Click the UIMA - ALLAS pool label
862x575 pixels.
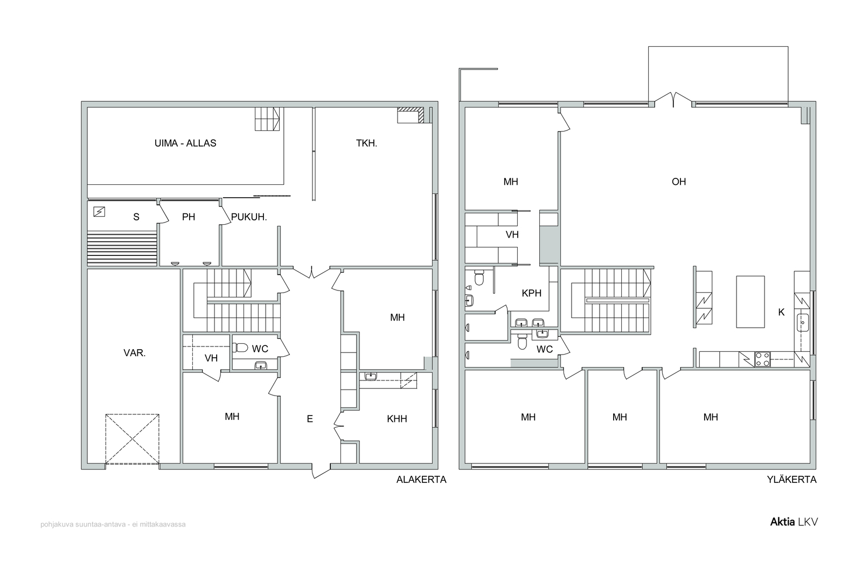(x=185, y=143)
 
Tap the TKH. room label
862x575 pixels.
(x=366, y=143)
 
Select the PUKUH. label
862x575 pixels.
(x=249, y=217)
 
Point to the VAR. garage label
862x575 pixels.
(x=134, y=353)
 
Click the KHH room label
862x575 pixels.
(x=397, y=419)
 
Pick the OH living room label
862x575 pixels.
(x=678, y=182)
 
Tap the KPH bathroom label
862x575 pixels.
(x=531, y=293)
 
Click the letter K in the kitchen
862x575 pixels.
(x=781, y=312)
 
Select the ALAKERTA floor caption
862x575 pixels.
(x=421, y=480)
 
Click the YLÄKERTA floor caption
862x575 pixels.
(x=791, y=480)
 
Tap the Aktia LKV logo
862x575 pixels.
(x=794, y=522)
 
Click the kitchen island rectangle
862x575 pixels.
(x=750, y=302)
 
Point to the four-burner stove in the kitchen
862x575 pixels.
(x=762, y=359)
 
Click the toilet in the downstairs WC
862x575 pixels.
(x=240, y=348)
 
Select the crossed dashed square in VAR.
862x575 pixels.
(x=132, y=439)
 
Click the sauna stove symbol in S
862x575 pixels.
(x=99, y=212)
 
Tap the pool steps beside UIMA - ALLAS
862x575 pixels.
(x=267, y=119)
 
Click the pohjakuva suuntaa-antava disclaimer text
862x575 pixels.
(x=113, y=524)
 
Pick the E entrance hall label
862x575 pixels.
(x=310, y=419)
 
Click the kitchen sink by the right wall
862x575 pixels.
(x=802, y=322)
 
